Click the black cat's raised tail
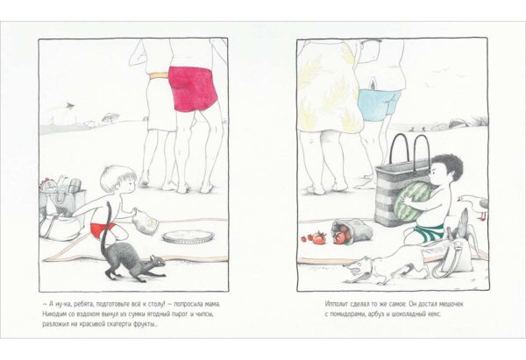point(104,228)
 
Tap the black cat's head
point(157,262)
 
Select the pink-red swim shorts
point(192,88)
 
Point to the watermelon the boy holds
point(411,201)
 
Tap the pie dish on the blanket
point(188,236)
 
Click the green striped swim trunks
point(429,232)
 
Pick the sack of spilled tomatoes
point(352,230)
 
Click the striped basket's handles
point(409,151)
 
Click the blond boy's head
point(119,180)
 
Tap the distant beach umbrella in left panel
point(110,116)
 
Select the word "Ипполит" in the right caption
point(338,304)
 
